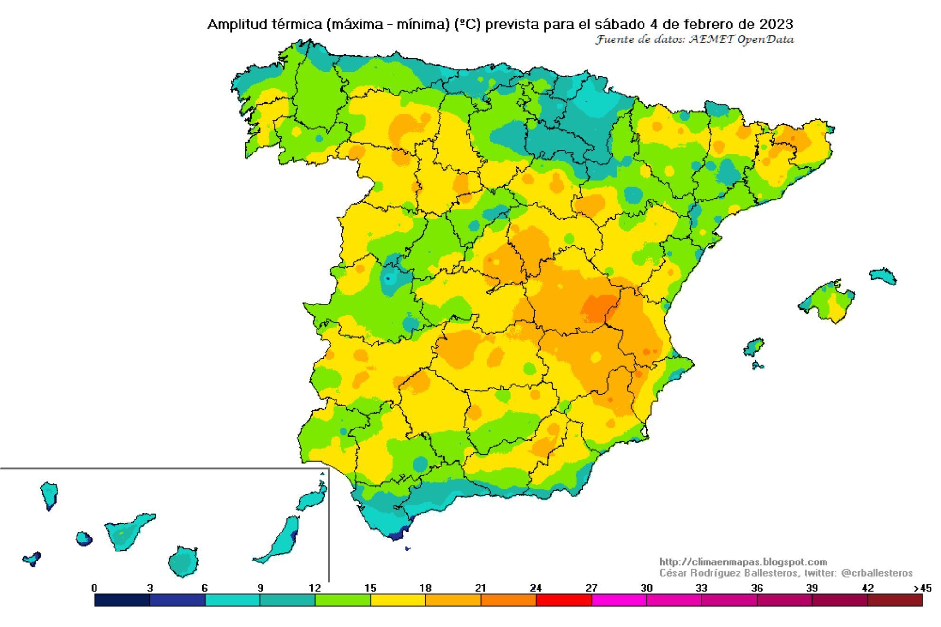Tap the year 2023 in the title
(776, 24)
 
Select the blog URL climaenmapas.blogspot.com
(743, 562)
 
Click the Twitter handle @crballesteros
(876, 573)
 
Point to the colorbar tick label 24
(536, 588)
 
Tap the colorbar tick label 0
(94, 588)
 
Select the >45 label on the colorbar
(922, 588)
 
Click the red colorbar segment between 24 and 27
(563, 600)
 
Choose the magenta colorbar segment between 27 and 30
(618, 600)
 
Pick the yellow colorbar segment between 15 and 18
(398, 600)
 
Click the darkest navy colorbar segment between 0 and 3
(122, 600)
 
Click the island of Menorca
(883, 276)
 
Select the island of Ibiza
(753, 347)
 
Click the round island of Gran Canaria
(183, 562)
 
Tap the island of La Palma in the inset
(49, 494)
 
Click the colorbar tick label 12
(315, 588)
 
